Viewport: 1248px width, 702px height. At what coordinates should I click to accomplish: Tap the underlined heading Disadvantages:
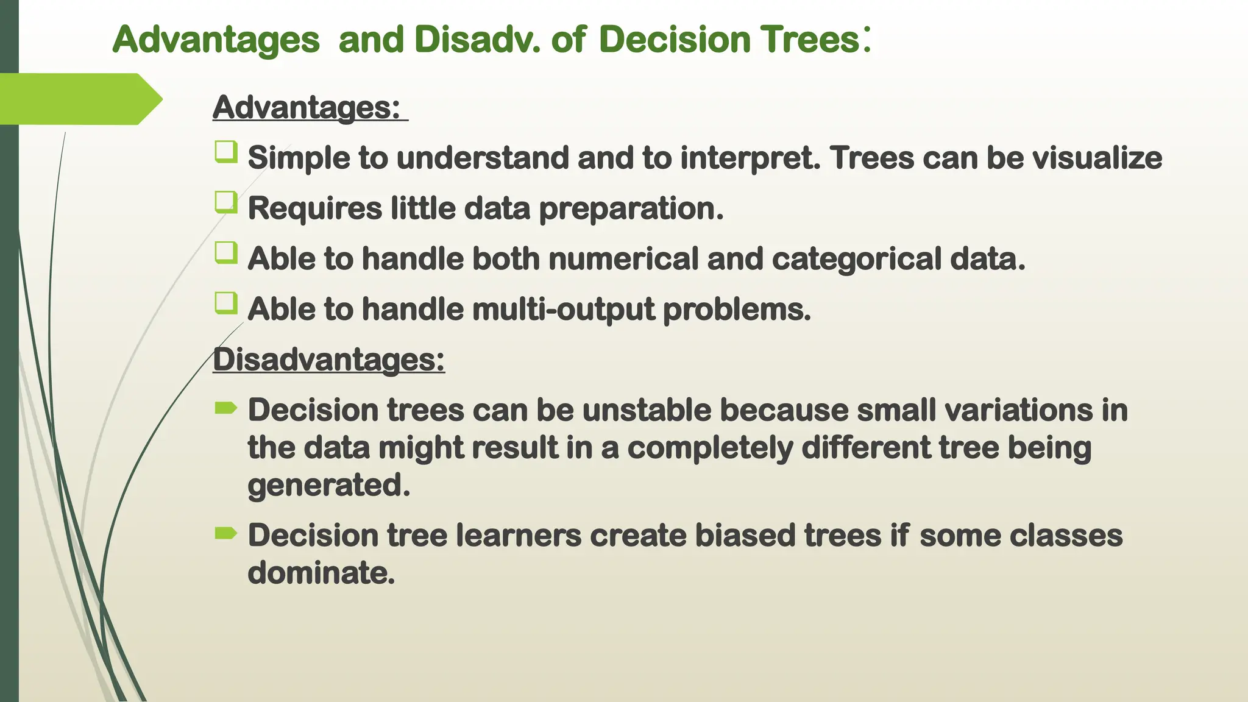tap(328, 359)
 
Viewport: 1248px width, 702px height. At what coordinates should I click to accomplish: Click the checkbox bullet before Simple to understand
tap(226, 152)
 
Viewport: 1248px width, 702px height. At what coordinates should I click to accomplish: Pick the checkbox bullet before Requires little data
tap(226, 202)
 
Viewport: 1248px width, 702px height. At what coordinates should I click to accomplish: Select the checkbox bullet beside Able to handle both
tap(226, 252)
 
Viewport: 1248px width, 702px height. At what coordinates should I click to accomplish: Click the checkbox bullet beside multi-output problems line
tap(226, 303)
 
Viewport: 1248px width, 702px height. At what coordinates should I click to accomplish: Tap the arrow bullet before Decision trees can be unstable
tap(226, 408)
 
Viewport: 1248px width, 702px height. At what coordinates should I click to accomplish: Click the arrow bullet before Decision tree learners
tap(226, 534)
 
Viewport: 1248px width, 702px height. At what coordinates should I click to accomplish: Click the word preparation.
tap(631, 210)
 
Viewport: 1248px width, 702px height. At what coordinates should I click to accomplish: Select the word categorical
tap(857, 259)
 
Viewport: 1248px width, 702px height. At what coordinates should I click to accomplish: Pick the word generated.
tap(328, 486)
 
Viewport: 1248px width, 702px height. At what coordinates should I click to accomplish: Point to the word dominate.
tap(321, 573)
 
